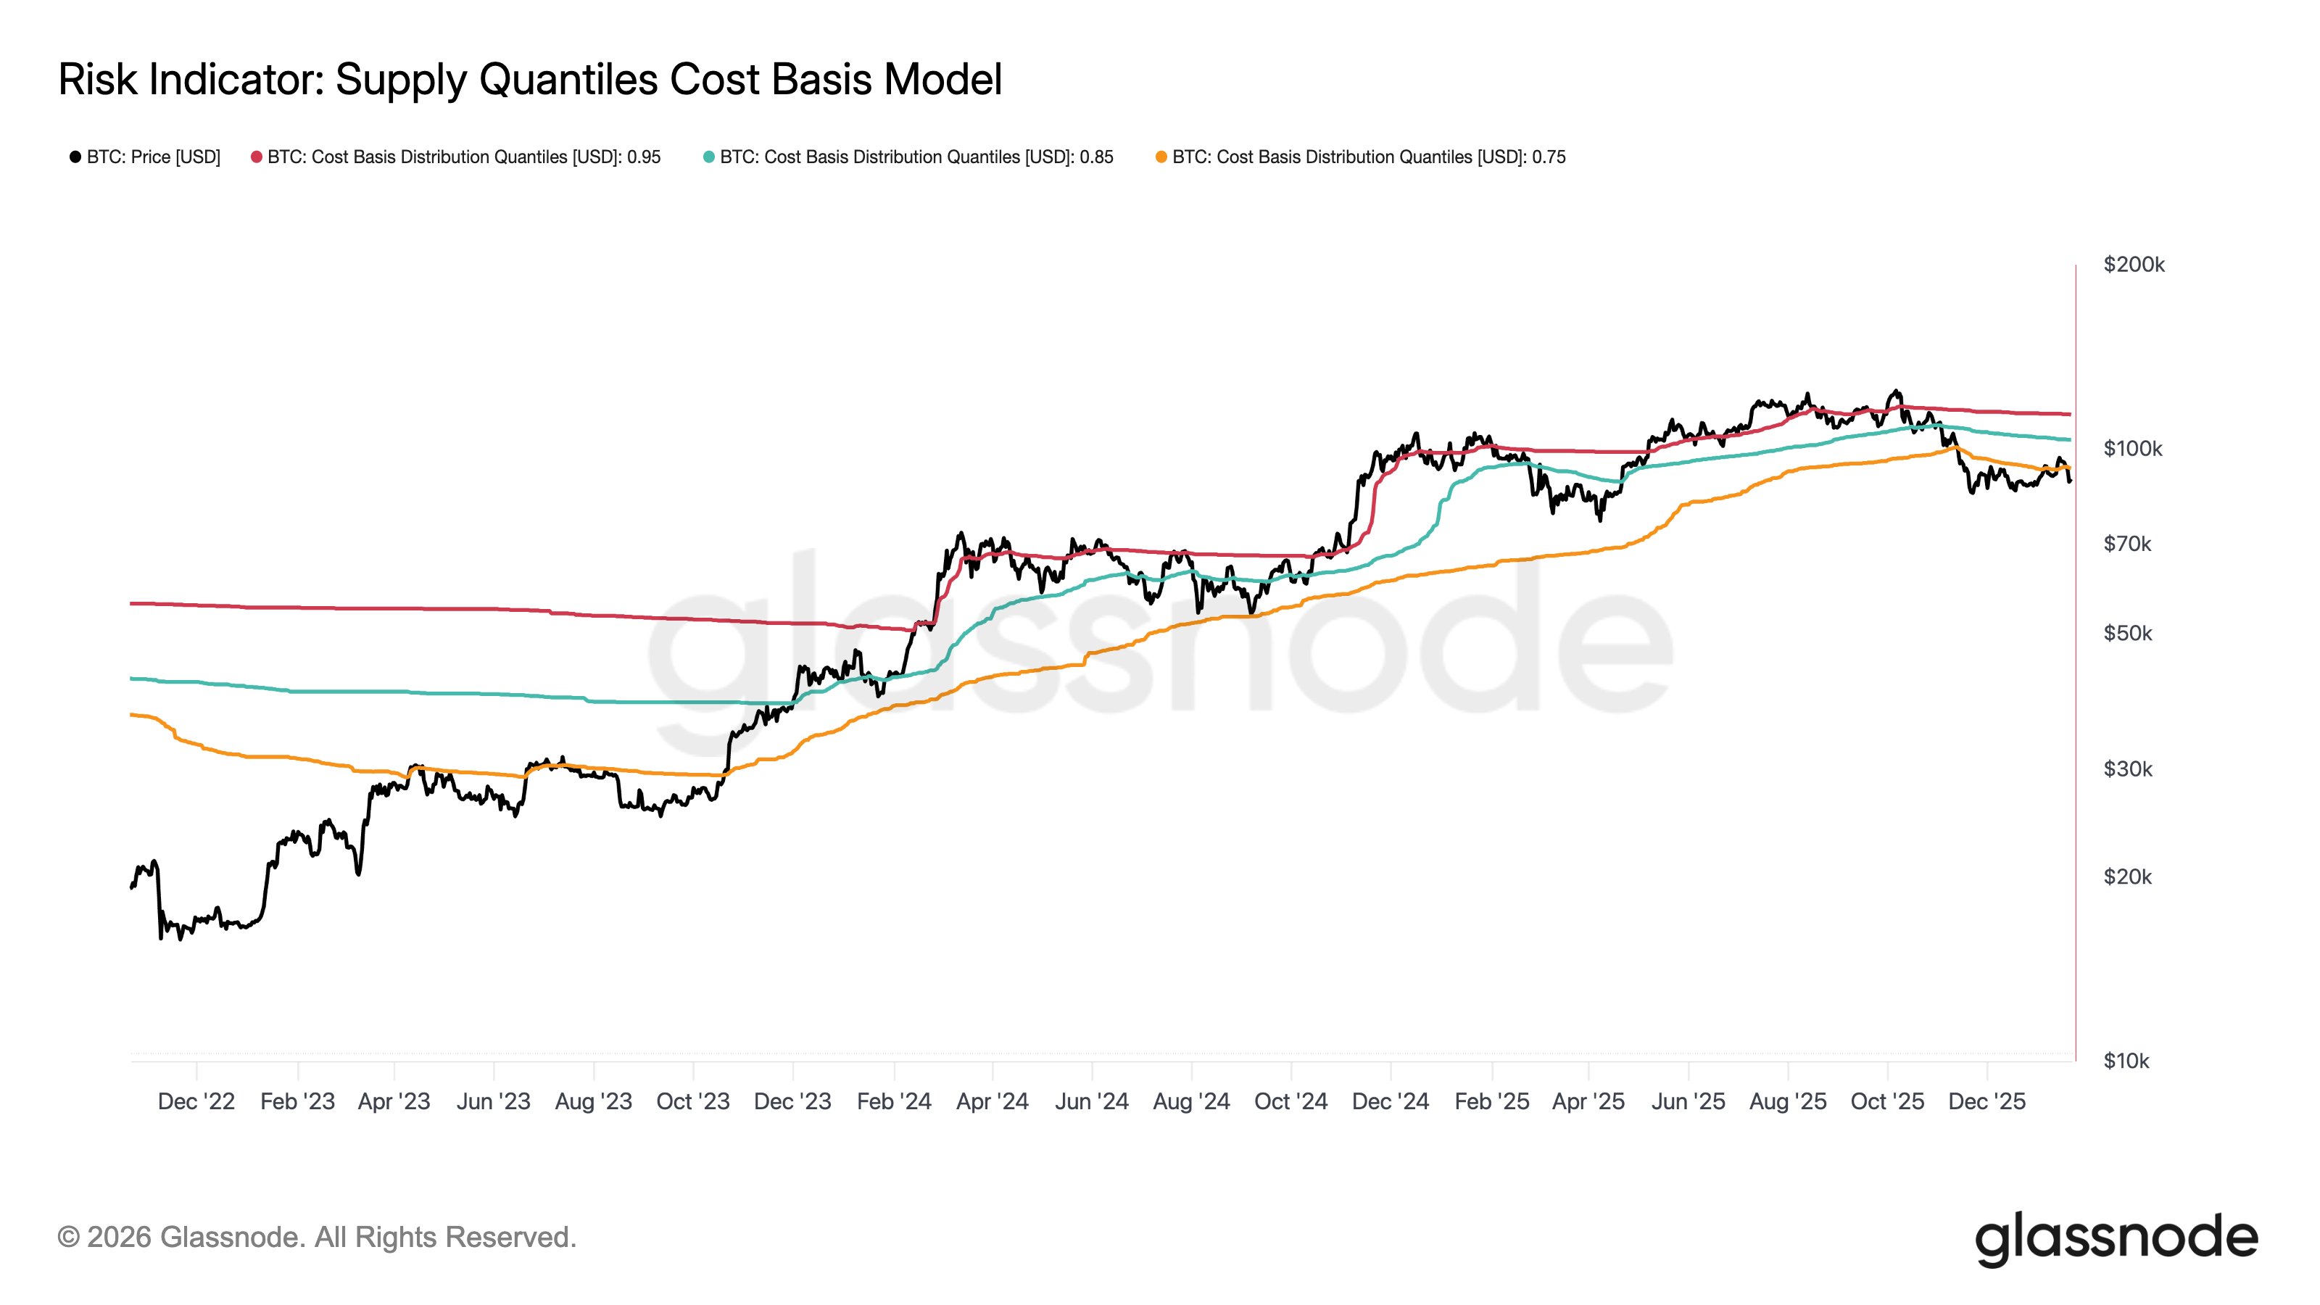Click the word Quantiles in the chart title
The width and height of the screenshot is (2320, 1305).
569,79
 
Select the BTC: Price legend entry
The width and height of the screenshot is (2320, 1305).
145,157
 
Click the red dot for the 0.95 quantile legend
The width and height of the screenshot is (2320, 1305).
257,157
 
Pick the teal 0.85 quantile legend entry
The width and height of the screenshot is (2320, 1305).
908,157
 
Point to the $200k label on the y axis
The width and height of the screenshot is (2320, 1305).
2133,265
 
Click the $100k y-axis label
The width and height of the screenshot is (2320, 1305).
2131,449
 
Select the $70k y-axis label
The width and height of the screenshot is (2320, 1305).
2126,543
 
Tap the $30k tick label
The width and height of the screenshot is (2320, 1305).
2127,768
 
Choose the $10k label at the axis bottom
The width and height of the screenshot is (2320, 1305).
2126,1061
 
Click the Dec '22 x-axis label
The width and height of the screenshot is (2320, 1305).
196,1101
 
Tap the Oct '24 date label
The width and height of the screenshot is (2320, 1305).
1290,1101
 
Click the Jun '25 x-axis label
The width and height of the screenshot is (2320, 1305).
1687,1101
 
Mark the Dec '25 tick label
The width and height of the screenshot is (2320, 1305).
1986,1101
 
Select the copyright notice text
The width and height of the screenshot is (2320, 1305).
316,1238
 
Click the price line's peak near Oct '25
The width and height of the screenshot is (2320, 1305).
1897,391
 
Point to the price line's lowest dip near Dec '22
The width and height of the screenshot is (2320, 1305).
161,937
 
